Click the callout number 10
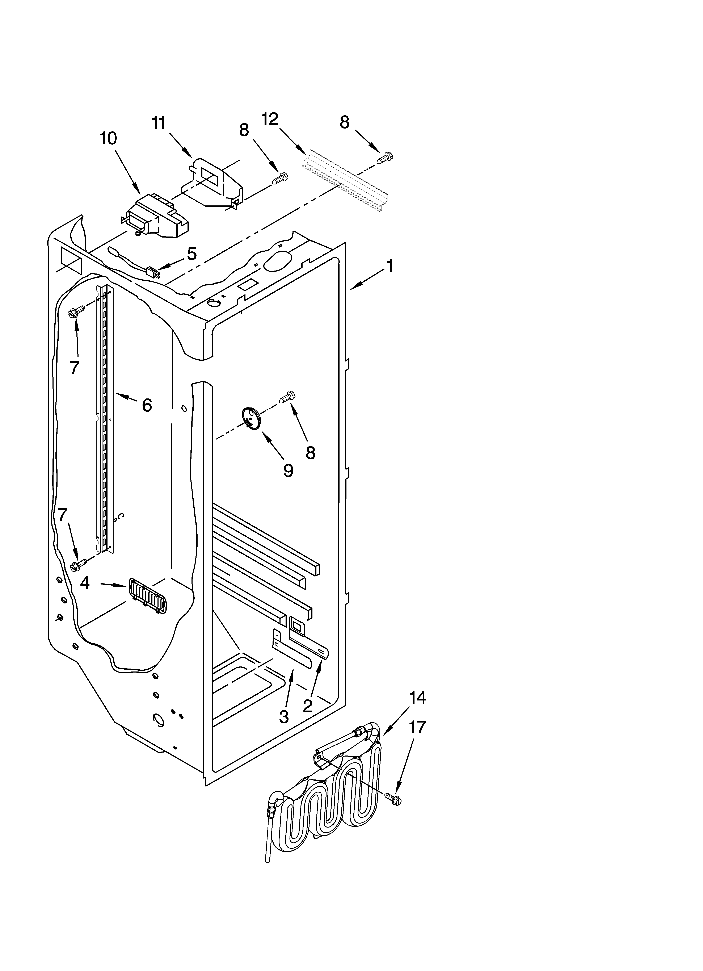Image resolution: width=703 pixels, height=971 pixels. tap(108, 139)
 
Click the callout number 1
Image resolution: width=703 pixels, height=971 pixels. tap(390, 266)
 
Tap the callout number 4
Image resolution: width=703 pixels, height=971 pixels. tap(85, 583)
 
